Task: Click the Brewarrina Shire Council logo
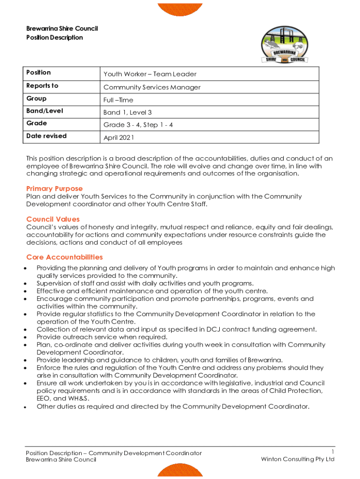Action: pos(285,45)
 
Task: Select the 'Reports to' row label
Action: pos(42,86)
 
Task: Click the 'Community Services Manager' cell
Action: pos(152,87)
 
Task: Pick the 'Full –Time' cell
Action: pos(118,100)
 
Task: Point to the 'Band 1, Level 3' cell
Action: pos(127,113)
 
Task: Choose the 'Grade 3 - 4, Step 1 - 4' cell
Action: pos(138,125)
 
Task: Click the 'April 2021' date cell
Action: pos(119,138)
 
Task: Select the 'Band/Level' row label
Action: pos(44,111)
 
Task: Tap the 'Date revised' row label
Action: pos(46,136)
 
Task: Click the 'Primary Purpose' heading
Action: pos(54,189)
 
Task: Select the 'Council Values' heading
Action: pos(53,219)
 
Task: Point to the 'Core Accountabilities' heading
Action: pos(65,257)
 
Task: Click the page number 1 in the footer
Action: pos(332,451)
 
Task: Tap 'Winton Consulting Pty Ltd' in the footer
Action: pos(298,459)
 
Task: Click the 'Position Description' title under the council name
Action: pos(54,37)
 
